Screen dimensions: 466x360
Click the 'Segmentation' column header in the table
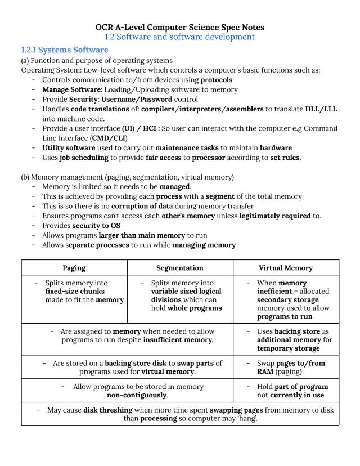click(180, 268)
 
